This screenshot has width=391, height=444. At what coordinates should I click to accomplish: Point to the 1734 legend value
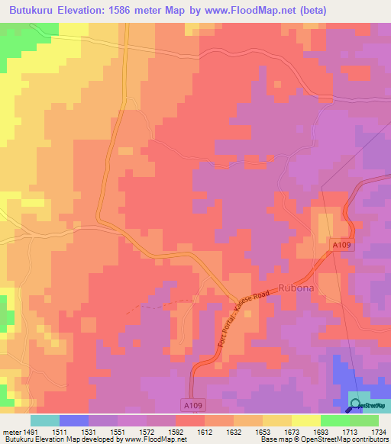376,431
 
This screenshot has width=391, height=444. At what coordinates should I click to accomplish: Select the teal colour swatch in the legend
45,420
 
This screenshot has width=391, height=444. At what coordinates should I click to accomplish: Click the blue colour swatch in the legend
74,420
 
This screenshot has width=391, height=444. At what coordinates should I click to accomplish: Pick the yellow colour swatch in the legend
306,420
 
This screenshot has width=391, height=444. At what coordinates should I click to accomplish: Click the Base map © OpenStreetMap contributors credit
324,440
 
